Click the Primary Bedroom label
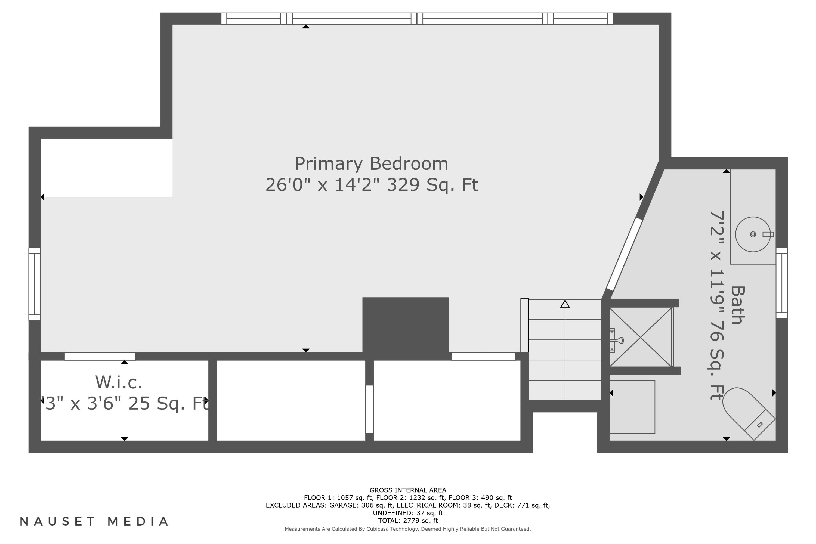[x=371, y=164]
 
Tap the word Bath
[x=738, y=305]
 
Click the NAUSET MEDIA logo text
[x=94, y=521]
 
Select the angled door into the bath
[x=625, y=254]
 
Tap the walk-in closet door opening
[x=100, y=356]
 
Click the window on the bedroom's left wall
[x=35, y=284]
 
